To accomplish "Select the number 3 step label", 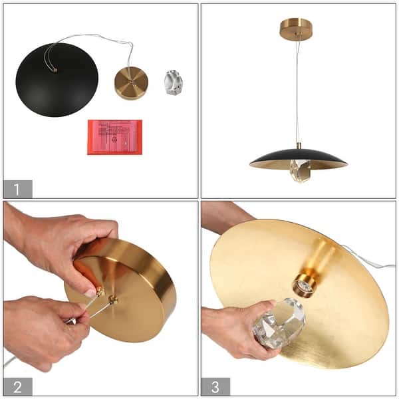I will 216,386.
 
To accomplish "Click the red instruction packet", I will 114,137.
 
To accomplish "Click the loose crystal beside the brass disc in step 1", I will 173,82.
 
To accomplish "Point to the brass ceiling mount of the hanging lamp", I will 296,29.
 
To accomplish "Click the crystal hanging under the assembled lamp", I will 299,171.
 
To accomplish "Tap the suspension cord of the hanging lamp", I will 297,93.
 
